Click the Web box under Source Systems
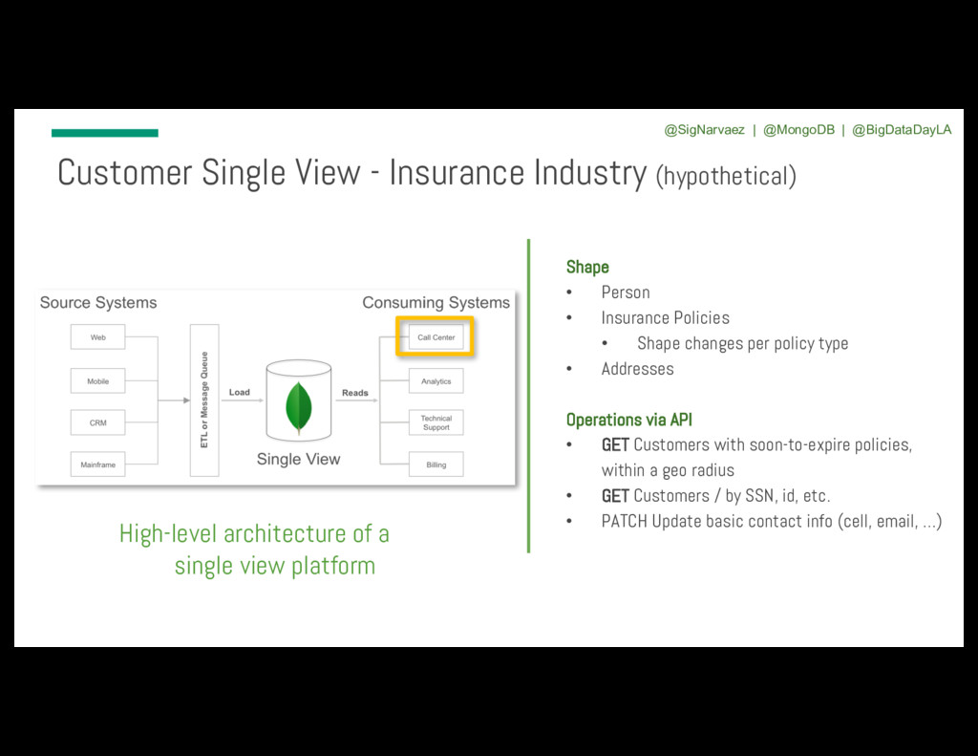(x=97, y=337)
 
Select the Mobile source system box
(x=97, y=381)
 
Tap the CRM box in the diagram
(x=97, y=422)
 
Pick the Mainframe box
(x=97, y=464)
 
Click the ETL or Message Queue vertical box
(x=204, y=400)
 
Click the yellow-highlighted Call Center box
(x=436, y=337)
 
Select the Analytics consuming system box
(x=436, y=381)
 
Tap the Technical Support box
(x=436, y=422)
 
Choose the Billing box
(x=436, y=464)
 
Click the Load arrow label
(x=240, y=392)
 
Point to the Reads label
(x=355, y=393)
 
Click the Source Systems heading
(x=98, y=303)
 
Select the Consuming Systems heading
(x=436, y=303)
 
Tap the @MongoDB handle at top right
(x=798, y=130)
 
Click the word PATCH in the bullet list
(x=624, y=521)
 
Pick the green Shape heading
(x=587, y=267)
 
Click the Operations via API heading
(x=628, y=420)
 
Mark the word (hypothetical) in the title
(x=725, y=176)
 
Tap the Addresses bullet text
(x=637, y=369)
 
